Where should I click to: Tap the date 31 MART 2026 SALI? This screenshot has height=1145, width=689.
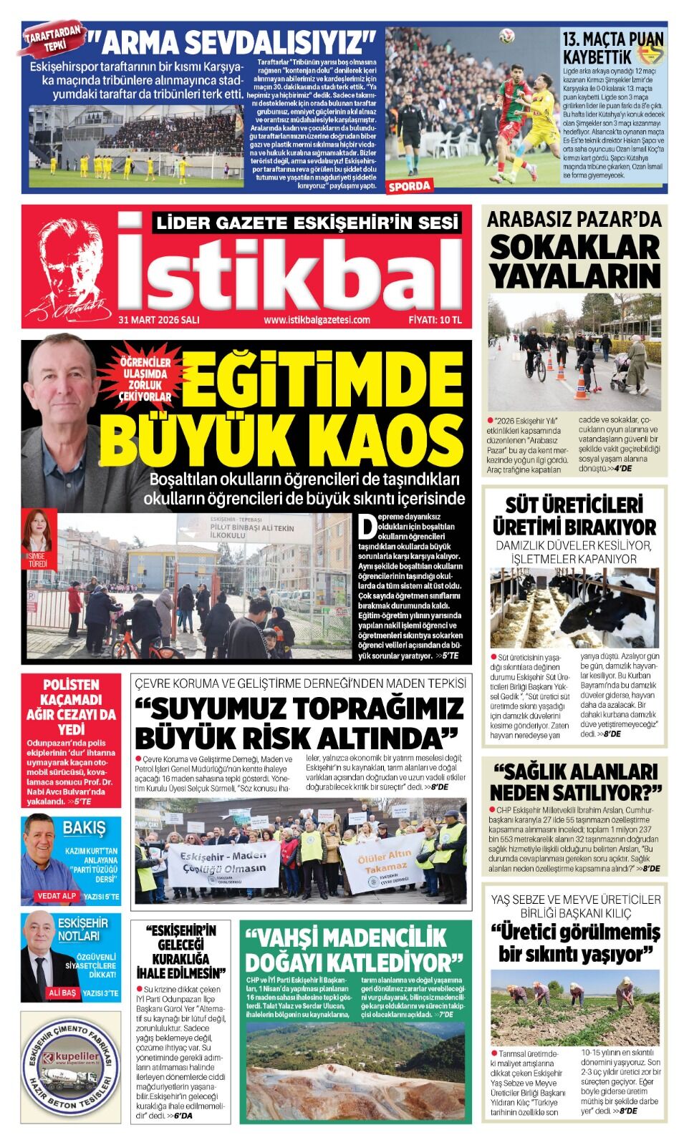pos(159,320)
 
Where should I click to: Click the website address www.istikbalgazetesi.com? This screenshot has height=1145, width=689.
pos(317,320)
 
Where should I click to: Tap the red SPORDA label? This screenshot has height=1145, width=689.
pos(410,187)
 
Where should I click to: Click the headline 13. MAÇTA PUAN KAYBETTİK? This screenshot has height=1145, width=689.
pos(613,47)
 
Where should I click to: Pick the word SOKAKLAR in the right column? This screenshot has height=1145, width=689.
pos(574,248)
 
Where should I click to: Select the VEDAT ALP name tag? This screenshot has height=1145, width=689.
pos(57,896)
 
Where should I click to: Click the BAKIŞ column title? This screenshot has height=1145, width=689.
pos(84,829)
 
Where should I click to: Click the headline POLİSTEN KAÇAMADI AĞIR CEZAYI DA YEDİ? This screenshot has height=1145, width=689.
pos(71,706)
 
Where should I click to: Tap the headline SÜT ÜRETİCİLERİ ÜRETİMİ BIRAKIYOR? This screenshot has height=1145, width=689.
pos(574,516)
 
